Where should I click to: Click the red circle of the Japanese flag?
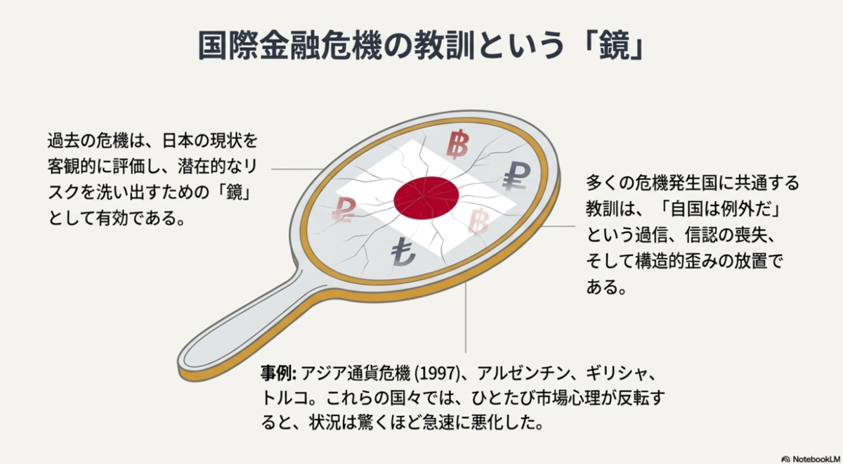(426, 198)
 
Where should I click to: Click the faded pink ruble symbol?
(345, 209)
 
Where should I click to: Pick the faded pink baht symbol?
(481, 223)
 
